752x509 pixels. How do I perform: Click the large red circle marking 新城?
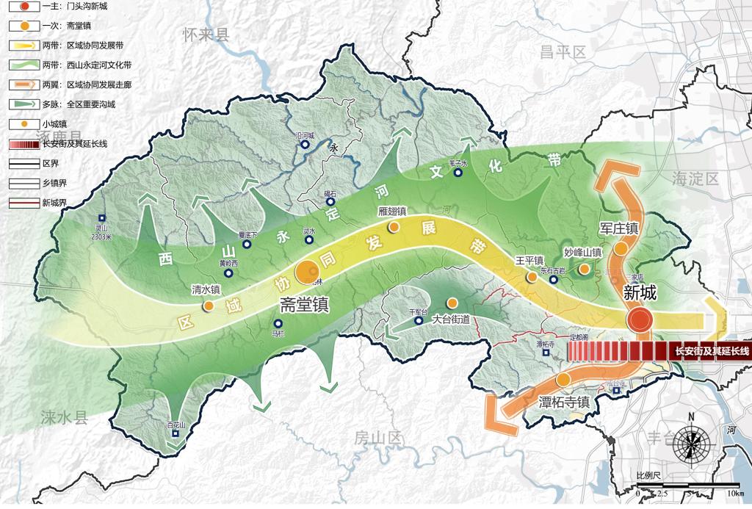639,320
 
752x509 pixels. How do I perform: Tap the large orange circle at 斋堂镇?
306,272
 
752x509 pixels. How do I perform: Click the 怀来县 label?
206,34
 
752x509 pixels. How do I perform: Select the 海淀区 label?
695,178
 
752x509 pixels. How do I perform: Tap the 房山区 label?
379,438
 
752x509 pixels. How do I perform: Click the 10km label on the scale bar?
735,491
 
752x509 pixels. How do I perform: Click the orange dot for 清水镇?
209,305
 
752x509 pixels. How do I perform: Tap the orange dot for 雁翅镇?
394,227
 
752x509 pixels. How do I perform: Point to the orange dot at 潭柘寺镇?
563,380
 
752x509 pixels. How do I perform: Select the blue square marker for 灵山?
101,218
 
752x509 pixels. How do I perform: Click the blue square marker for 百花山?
175,434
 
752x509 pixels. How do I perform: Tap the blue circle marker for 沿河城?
304,145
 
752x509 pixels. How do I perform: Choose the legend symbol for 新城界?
23,202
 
